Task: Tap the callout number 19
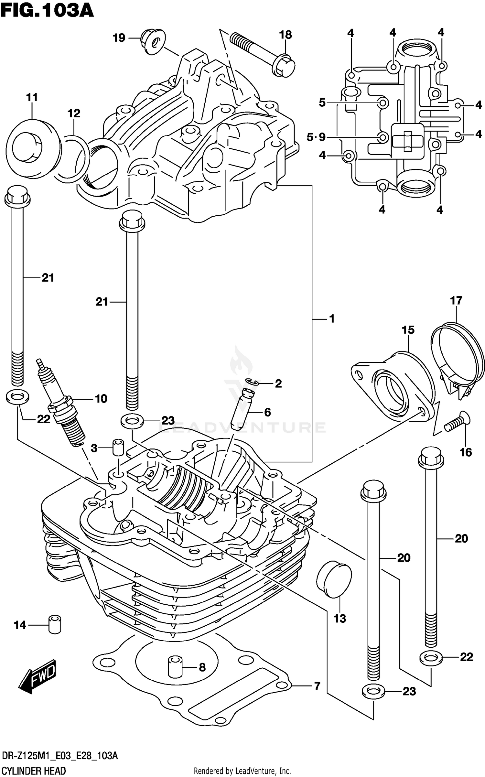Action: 119,38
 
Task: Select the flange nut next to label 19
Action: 153,42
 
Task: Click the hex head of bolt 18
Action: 284,66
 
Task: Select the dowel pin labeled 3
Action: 118,448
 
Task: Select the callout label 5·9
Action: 316,137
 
